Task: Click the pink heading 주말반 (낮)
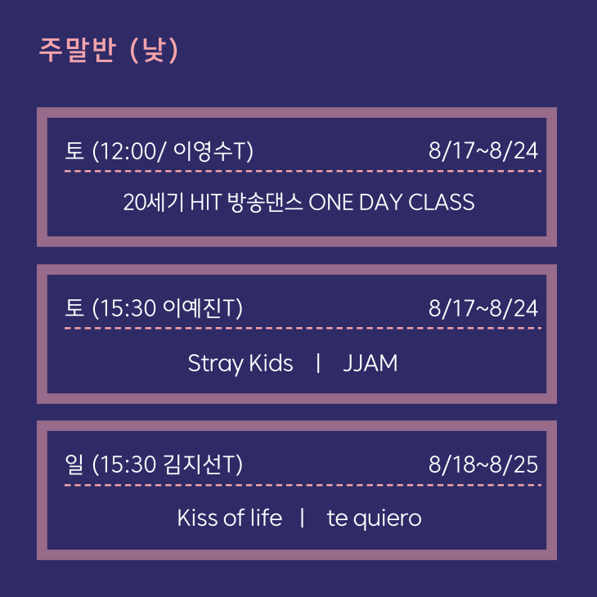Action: [x=109, y=50]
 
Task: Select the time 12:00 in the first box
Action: [x=127, y=151]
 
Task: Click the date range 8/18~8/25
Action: [x=483, y=465]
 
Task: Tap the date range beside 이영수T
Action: [x=483, y=150]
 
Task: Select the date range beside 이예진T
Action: [x=483, y=308]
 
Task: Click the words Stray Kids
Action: [x=240, y=364]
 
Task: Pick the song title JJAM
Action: [x=370, y=363]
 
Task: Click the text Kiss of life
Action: [x=230, y=518]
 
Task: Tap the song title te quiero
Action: [x=375, y=519]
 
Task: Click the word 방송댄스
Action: [x=265, y=202]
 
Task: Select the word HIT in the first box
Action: [x=205, y=202]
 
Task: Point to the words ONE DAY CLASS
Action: [x=392, y=202]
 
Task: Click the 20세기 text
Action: [x=154, y=202]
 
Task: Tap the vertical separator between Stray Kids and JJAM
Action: [x=318, y=363]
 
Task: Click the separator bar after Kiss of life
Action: [x=303, y=518]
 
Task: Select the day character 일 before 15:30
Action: [x=74, y=465]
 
